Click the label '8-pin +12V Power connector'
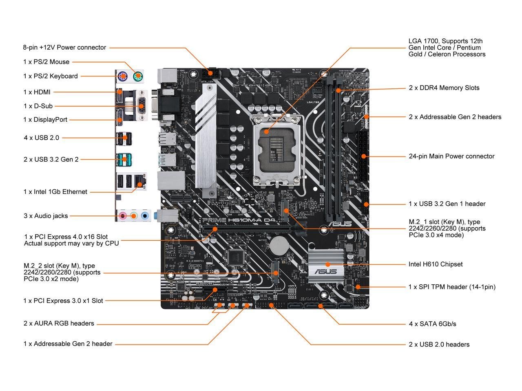coord(64,47)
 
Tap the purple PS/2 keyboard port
coord(122,76)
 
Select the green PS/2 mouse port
coord(138,75)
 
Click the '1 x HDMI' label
coord(37,92)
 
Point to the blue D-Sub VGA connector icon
coord(140,106)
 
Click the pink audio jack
coord(122,216)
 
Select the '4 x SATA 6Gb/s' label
coord(432,324)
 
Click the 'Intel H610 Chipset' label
coord(436,264)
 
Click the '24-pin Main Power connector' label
coord(451,156)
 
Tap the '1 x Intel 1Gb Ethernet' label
coord(55,191)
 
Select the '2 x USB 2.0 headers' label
coord(439,344)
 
